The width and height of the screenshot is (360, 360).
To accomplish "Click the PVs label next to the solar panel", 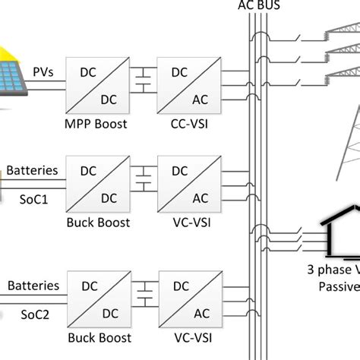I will (43, 72).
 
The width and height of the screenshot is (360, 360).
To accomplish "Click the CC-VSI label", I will (190, 122).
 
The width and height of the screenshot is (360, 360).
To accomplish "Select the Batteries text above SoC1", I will (32, 170).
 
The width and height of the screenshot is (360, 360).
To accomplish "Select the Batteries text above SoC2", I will (33, 286).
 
